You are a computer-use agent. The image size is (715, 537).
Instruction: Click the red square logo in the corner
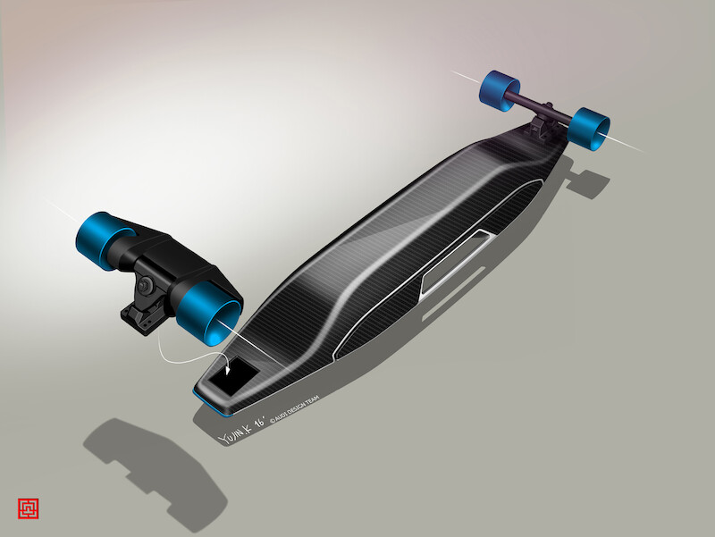[28, 508]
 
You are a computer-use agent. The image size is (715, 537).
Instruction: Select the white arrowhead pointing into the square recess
[231, 366]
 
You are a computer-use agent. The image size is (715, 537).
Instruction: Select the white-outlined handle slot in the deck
[453, 258]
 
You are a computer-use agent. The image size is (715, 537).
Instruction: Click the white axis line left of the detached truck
[67, 214]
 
